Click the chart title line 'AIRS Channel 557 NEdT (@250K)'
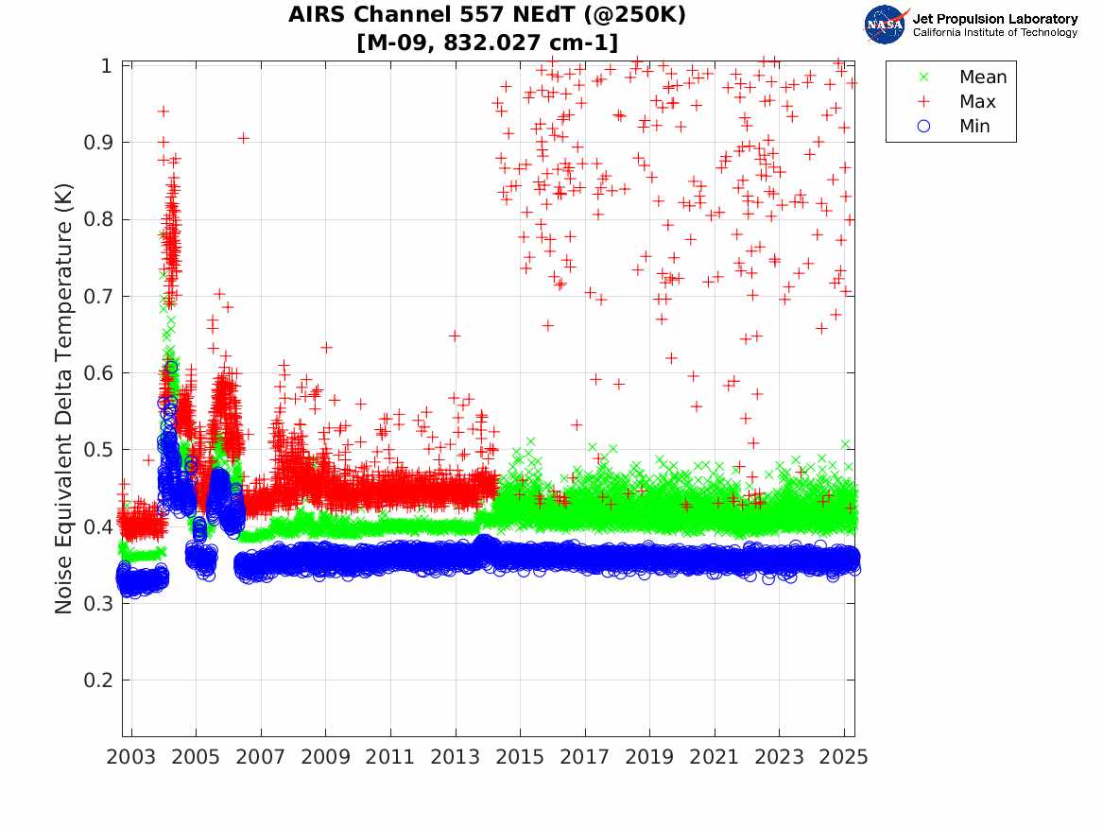[x=487, y=15]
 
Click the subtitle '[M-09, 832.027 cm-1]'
[x=487, y=43]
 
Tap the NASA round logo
[x=886, y=24]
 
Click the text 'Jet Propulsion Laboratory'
[x=994, y=18]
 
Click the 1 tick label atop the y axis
[x=107, y=66]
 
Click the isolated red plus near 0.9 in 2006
[x=243, y=138]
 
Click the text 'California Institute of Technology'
[x=994, y=32]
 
